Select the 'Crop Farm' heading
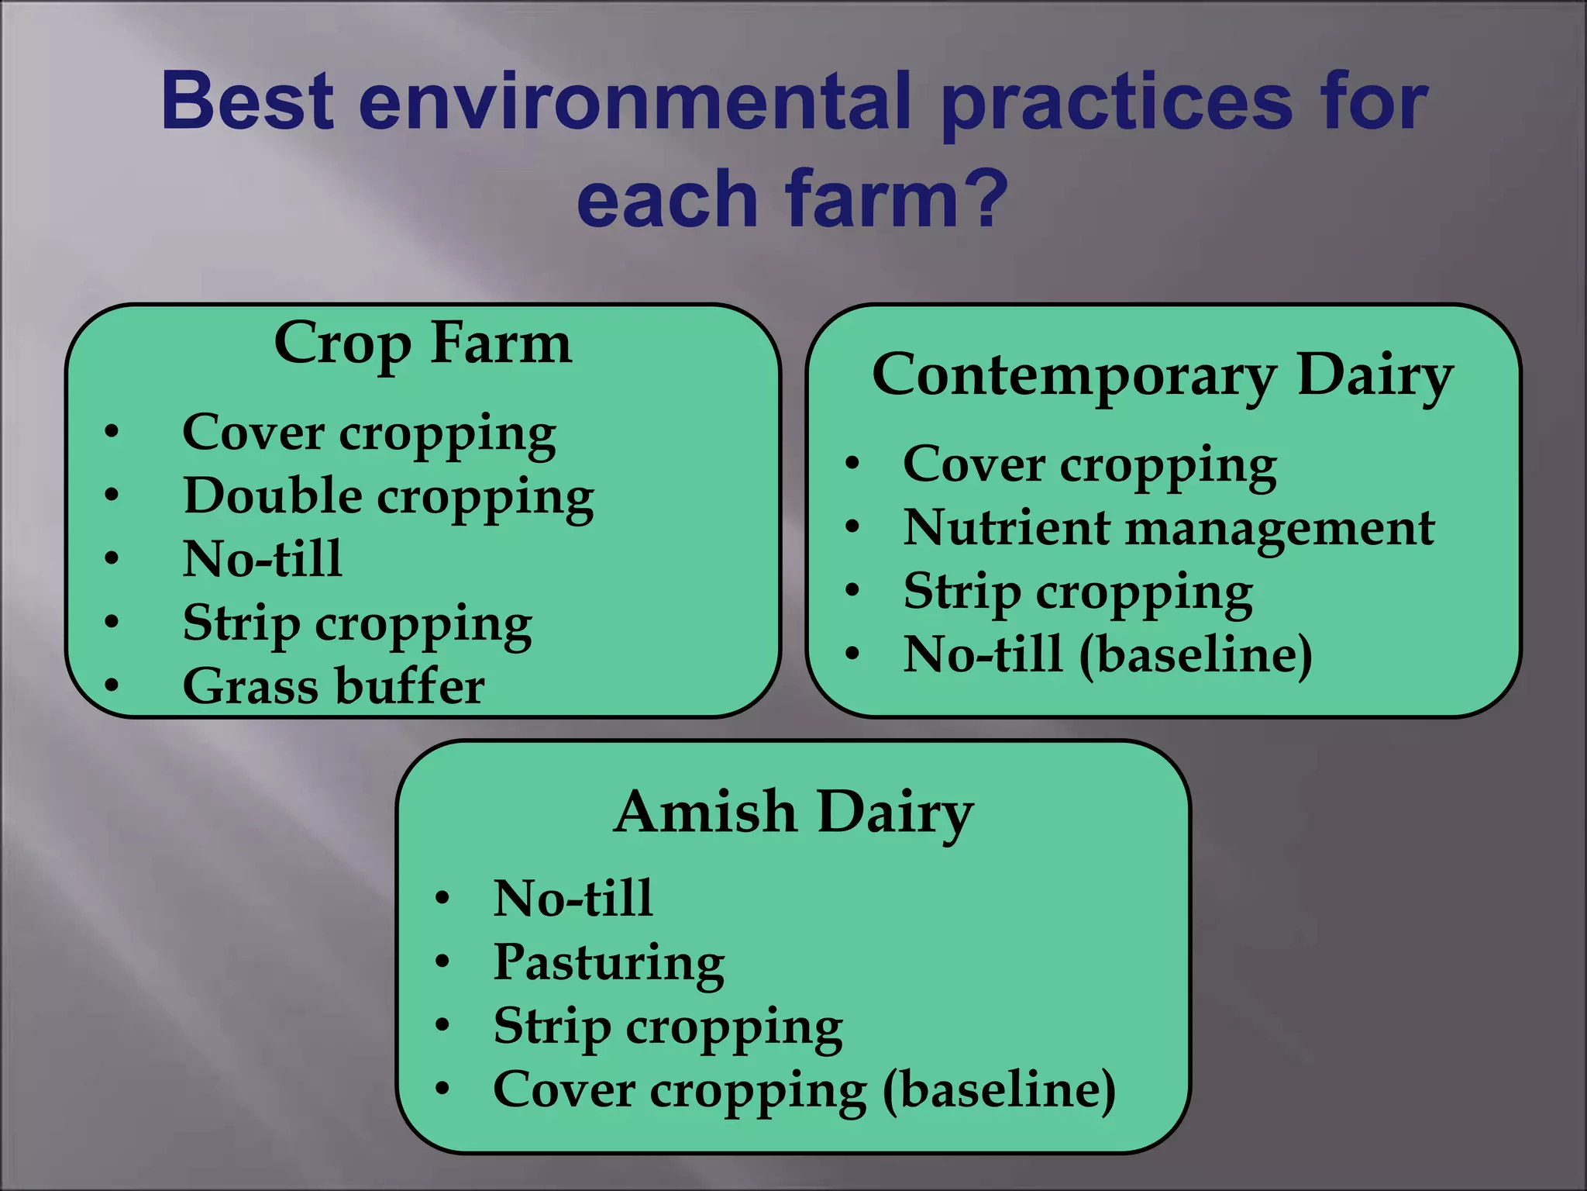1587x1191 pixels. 423,343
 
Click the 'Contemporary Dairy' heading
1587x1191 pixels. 1162,375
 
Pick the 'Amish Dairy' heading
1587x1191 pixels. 793,813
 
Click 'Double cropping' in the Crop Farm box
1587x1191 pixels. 388,496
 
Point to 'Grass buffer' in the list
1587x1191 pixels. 333,685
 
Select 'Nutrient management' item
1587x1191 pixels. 1169,529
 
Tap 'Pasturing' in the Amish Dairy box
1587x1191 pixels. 609,962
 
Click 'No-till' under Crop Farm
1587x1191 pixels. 262,558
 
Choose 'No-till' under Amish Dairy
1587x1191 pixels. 573,899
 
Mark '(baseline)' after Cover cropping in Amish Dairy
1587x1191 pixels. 1000,1090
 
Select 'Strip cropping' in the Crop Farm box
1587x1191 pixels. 357,623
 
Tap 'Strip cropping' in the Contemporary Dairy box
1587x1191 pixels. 1078,592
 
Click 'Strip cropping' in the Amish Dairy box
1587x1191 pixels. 668,1027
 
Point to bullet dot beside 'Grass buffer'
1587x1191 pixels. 112,685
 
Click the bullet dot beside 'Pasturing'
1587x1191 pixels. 442,962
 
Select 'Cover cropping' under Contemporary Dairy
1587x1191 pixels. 1090,465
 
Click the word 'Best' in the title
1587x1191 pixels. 248,102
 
